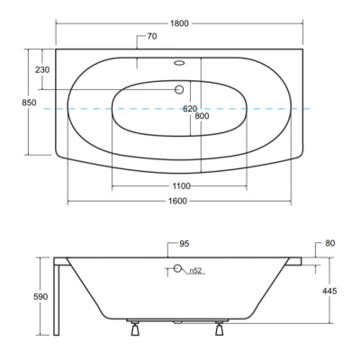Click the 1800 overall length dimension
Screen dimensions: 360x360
click(x=179, y=23)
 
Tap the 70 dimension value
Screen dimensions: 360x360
click(x=152, y=36)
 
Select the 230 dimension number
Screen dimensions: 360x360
click(x=42, y=69)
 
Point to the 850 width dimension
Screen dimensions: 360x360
click(x=29, y=103)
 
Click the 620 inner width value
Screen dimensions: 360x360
click(x=190, y=109)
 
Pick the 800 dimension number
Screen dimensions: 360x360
click(x=202, y=116)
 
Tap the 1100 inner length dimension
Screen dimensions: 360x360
click(x=181, y=186)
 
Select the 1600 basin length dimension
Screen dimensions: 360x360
click(x=177, y=201)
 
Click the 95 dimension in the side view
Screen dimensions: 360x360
click(x=184, y=244)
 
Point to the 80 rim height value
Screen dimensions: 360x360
click(x=329, y=243)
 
